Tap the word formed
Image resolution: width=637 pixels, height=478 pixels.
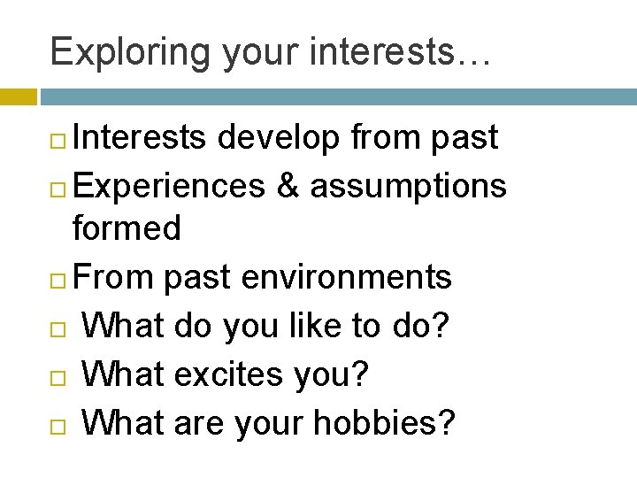coord(127,229)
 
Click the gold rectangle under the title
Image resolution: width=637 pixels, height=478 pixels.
coord(19,96)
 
